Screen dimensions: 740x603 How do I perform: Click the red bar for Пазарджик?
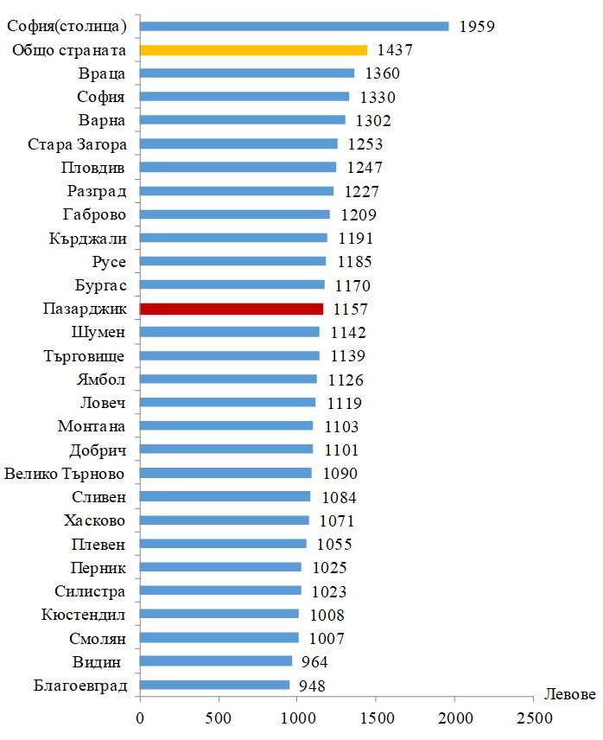pyautogui.click(x=231, y=308)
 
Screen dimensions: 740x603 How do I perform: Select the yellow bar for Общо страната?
pyautogui.click(x=253, y=50)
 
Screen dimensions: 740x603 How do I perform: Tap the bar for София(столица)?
pyautogui.click(x=294, y=26)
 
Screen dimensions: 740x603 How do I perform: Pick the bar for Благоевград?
pyautogui.click(x=214, y=686)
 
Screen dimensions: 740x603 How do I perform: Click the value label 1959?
pyautogui.click(x=477, y=26)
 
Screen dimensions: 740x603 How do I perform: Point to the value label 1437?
pyautogui.click(x=395, y=50)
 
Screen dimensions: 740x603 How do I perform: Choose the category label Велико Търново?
pyautogui.click(x=66, y=473)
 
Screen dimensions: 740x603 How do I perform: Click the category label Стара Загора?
pyautogui.click(x=77, y=144)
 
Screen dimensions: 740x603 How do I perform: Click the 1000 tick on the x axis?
pyautogui.click(x=297, y=718)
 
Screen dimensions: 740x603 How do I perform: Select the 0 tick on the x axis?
pyautogui.click(x=140, y=718)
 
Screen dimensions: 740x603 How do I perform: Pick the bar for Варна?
pyautogui.click(x=243, y=120)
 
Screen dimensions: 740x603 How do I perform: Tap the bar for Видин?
pyautogui.click(x=216, y=661)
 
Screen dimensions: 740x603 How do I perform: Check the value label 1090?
pyautogui.click(x=340, y=473)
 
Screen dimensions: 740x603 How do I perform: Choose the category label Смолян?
pyautogui.click(x=97, y=638)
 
